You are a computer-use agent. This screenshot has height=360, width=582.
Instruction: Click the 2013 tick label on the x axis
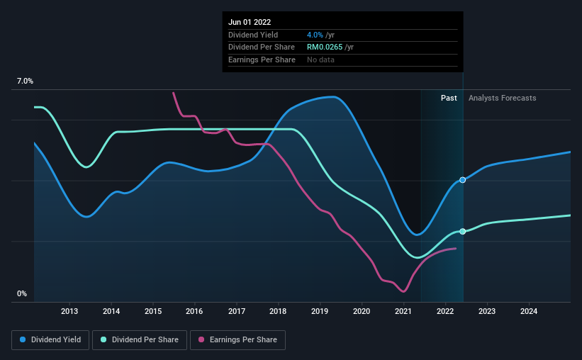pos(69,311)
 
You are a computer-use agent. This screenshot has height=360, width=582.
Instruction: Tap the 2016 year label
pos(195,311)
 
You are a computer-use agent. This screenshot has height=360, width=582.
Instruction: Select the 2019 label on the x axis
pos(320,311)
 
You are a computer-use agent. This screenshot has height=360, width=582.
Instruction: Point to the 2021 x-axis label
pos(403,311)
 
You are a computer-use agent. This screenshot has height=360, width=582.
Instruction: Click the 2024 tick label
pos(529,311)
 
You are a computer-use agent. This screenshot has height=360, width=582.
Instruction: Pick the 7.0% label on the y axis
pos(25,81)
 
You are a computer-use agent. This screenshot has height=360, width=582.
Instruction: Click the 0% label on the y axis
pos(22,293)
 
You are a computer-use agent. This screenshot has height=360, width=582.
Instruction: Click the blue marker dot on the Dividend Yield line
pos(462,180)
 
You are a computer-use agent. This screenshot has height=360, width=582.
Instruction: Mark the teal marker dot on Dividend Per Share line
pos(462,232)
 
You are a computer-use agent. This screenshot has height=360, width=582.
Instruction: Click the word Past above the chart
pos(449,98)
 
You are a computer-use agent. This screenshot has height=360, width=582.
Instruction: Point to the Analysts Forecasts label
pos(503,98)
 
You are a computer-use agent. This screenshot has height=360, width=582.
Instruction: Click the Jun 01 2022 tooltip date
pos(250,22)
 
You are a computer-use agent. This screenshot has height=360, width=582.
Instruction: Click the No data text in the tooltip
pos(320,60)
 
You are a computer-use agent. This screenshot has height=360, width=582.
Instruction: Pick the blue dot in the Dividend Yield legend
pos(23,340)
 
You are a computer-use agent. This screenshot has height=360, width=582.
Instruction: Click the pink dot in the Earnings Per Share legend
pos(201,340)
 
